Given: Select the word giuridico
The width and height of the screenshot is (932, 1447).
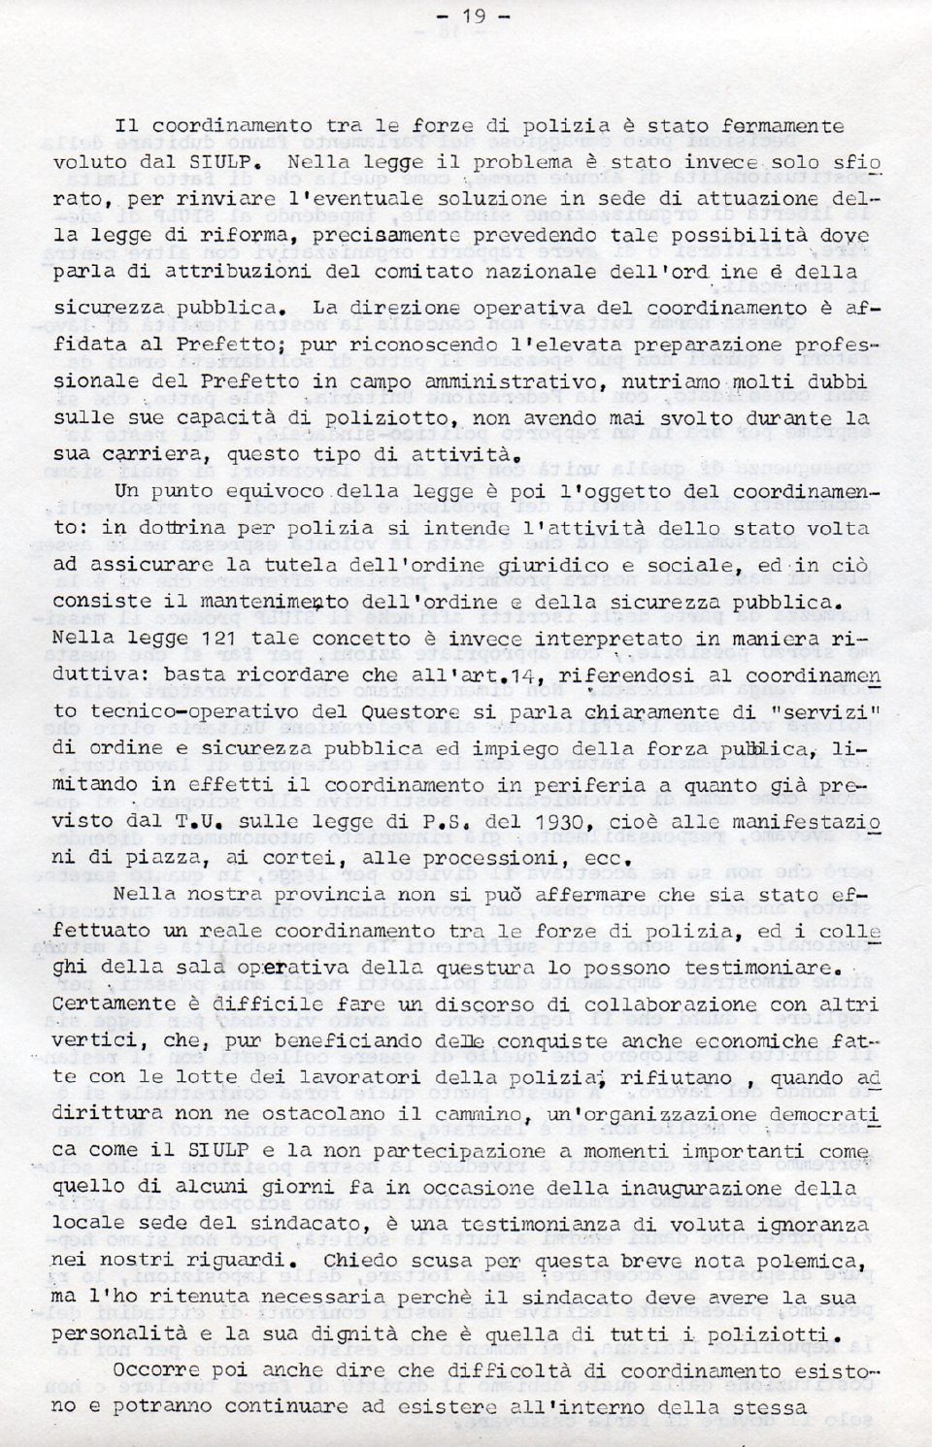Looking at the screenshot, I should [550, 565].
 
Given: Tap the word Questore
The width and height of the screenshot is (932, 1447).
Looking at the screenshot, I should [392, 710].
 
